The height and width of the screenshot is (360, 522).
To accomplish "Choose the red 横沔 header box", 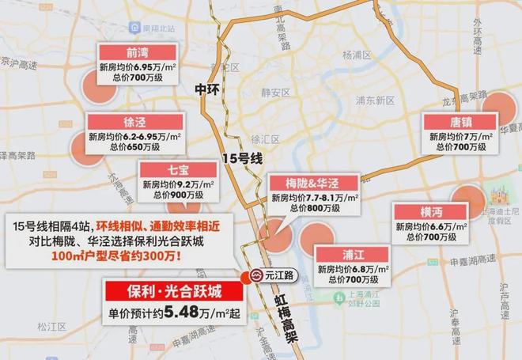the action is click(431, 212).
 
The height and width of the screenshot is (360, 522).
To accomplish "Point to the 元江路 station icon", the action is click(257, 276).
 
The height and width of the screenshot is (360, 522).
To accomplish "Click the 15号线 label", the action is click(244, 158).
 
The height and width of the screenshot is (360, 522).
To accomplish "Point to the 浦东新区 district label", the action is click(374, 100).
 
